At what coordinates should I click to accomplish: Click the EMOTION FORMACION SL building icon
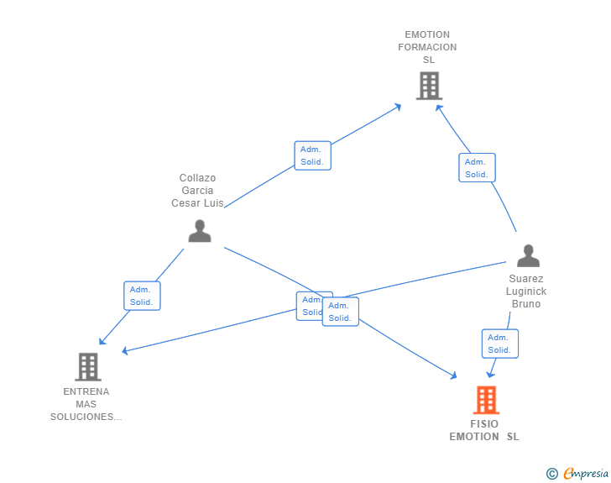pos(429,85)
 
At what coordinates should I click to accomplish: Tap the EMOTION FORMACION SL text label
pos(428,48)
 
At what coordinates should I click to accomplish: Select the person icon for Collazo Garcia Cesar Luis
pos(200,230)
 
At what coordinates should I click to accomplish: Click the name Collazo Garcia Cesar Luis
pos(197,191)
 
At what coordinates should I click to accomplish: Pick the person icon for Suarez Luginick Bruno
pos(528,255)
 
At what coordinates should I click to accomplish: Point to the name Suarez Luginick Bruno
pos(527,291)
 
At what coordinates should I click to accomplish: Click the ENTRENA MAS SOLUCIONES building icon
pos(87,367)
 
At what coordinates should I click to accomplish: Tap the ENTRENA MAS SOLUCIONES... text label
pos(86,404)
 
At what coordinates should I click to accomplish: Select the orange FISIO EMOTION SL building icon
pos(486,400)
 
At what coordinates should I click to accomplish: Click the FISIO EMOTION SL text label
pos(484,430)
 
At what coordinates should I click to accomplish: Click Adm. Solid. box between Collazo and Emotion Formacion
pos(312,155)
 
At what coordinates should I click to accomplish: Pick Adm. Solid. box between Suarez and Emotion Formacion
pos(477,168)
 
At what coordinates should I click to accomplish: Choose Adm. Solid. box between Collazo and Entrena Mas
pos(141,296)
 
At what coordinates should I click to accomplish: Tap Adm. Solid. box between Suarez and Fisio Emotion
pos(499,344)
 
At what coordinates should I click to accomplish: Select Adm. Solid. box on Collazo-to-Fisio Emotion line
pos(341,312)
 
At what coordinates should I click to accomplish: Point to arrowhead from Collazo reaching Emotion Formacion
pos(399,106)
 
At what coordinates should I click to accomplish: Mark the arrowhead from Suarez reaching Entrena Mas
pos(125,350)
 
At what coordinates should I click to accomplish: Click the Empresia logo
pos(586,474)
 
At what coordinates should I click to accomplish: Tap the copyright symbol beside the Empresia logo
pos(552,474)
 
